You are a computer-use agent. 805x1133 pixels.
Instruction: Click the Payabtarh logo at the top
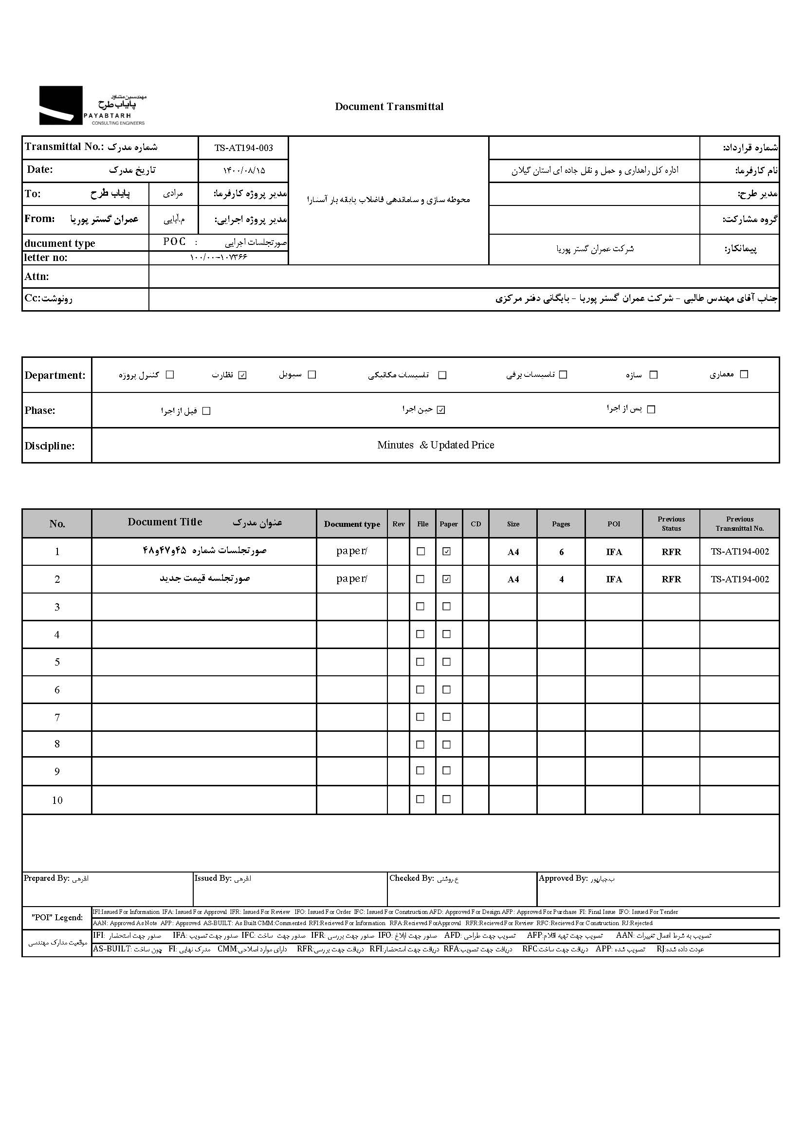[x=92, y=105]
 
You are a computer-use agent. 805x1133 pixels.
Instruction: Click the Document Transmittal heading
[x=389, y=107]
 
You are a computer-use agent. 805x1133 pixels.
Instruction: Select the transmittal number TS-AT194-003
[x=243, y=148]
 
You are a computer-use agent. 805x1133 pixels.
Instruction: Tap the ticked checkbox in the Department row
[x=242, y=375]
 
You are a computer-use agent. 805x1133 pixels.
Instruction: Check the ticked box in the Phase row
[x=441, y=410]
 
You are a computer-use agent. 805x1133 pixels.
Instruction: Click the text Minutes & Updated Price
[x=435, y=446]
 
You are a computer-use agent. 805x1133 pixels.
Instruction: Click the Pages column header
[x=561, y=524]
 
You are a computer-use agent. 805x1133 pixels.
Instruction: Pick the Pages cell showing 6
[x=561, y=552]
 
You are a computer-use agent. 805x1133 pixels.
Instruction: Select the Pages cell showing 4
[x=561, y=579]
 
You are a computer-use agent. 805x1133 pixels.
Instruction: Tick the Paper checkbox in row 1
[x=447, y=551]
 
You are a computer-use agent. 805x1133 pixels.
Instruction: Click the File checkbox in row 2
[x=421, y=579]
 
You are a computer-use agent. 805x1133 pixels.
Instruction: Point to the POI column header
[x=614, y=524]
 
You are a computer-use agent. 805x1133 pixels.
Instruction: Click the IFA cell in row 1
[x=614, y=552]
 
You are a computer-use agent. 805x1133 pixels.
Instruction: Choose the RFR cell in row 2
[x=671, y=579]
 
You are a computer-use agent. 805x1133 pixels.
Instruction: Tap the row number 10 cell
[x=57, y=800]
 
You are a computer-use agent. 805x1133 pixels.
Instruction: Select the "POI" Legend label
[x=57, y=917]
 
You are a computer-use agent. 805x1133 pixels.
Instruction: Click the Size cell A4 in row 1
[x=513, y=552]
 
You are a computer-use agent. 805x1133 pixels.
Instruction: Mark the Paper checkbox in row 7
[x=447, y=717]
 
